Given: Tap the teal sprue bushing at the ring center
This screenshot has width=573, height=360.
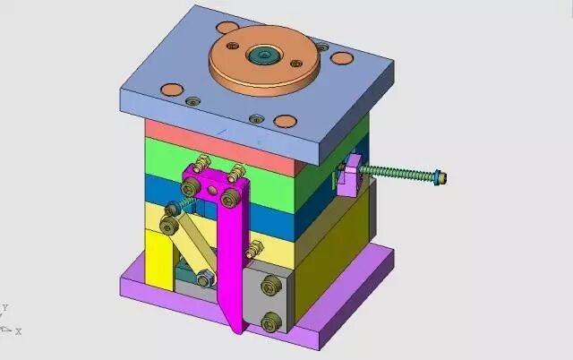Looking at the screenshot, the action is [265, 55].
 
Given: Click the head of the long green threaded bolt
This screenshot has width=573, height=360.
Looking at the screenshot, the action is [440, 178].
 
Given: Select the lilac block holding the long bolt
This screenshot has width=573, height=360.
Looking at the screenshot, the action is [349, 176].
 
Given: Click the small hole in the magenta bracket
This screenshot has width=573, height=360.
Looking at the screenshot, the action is [212, 190].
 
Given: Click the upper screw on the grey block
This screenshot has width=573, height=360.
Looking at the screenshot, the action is [270, 286].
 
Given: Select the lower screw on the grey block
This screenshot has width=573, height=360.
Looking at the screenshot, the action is [271, 321].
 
